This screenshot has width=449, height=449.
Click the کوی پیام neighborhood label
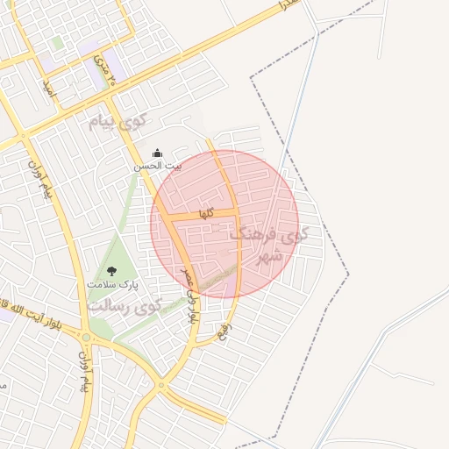120,121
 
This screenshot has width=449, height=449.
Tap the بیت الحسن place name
158,165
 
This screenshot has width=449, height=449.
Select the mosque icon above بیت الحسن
158,153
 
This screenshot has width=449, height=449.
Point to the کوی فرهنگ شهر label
270,246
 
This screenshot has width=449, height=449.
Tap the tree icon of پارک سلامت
112,271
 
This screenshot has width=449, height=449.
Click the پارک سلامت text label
113,284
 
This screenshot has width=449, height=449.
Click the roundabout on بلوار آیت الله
87,338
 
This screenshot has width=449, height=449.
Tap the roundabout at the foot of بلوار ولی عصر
160,385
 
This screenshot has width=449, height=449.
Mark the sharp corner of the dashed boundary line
251,78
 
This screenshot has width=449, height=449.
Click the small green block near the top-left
57,42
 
